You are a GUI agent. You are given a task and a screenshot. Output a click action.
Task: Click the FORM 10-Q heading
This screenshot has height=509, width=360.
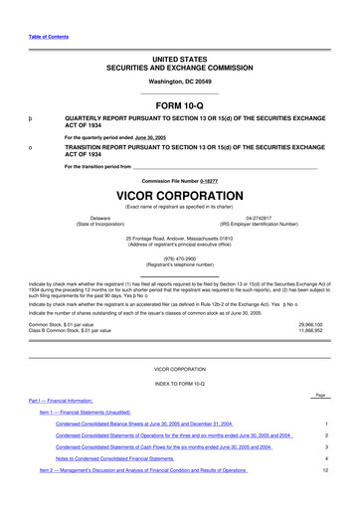pos(179,104)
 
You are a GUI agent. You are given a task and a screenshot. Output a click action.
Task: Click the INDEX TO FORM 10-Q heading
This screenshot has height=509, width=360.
pos(179,382)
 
